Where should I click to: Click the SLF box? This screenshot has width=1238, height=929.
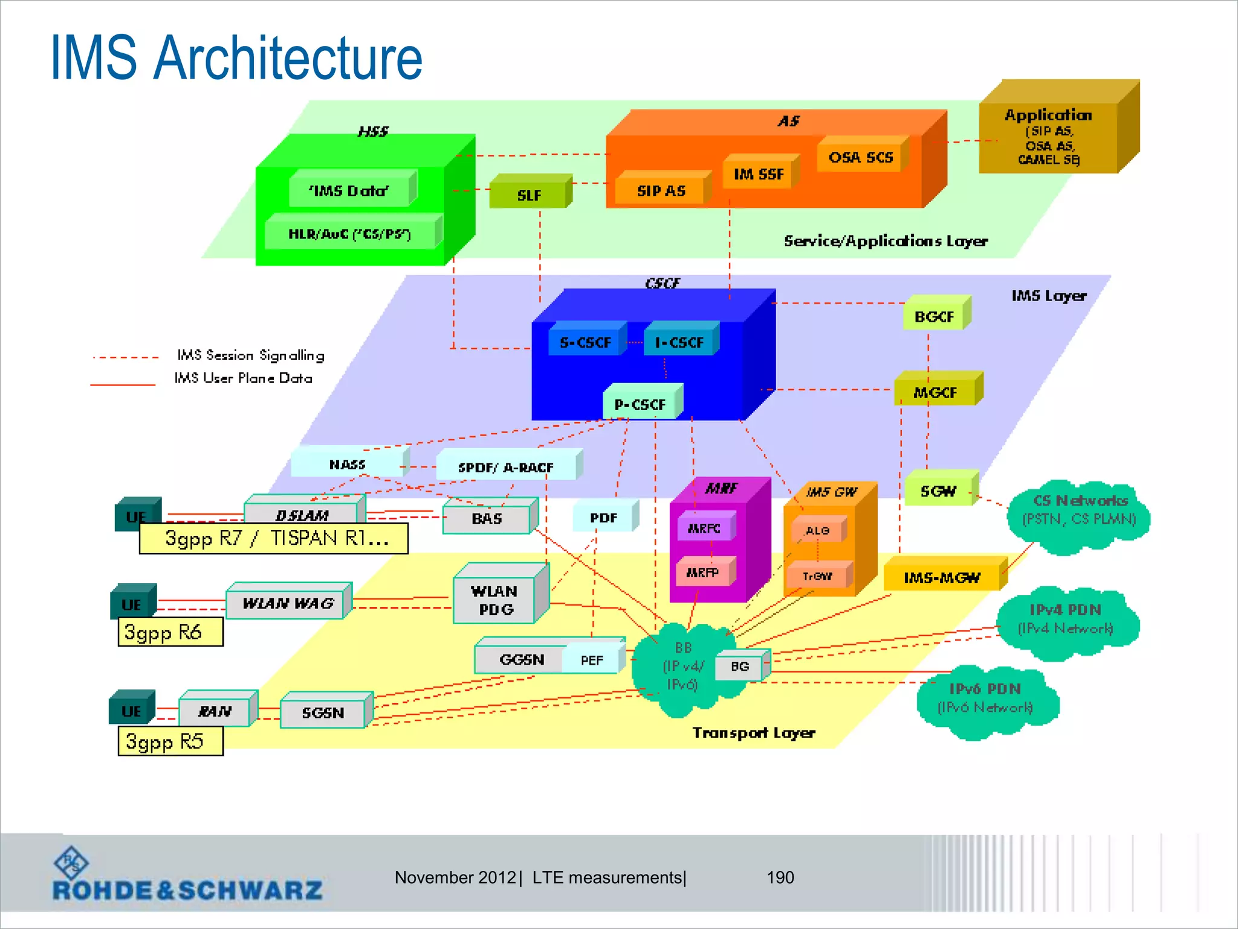528,195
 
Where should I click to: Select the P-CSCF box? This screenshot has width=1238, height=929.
640,404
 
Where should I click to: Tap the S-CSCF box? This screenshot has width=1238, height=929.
585,342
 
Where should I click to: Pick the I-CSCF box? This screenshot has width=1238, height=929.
679,342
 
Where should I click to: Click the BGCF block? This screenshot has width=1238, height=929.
934,316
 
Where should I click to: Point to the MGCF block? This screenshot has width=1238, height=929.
935,393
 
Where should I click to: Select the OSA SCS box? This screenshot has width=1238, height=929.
860,157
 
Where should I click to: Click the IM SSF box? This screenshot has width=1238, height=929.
759,174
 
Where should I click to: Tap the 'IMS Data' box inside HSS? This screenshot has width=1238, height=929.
349,191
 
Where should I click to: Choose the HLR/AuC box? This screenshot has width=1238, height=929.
351,234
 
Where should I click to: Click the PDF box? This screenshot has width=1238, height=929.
603,518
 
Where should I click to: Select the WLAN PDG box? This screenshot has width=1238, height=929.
494,599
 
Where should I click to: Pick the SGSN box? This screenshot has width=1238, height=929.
323,712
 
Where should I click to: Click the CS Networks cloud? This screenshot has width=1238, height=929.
1079,511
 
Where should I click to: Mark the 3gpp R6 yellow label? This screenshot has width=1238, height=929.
170,632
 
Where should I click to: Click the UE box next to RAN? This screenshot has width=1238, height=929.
131,710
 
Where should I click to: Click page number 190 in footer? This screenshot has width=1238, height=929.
780,877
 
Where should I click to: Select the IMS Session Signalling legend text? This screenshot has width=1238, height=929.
250,355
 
